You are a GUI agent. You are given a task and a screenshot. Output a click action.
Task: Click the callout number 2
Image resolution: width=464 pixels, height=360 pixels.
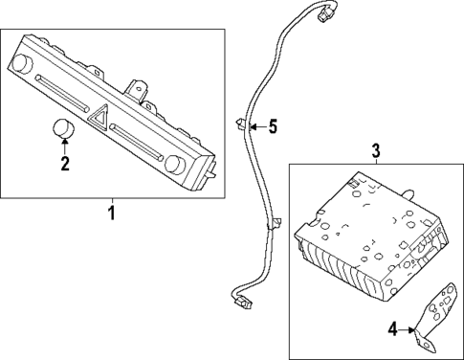[x=65, y=164]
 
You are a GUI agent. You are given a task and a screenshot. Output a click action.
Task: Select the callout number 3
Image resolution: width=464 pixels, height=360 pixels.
[x=375, y=150]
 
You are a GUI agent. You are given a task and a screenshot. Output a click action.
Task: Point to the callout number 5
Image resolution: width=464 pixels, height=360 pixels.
[x=273, y=125]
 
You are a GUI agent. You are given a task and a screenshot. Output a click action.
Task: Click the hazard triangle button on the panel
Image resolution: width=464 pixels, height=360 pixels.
[x=100, y=118]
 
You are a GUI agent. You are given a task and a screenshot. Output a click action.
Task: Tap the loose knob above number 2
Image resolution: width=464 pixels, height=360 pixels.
[x=63, y=128]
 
